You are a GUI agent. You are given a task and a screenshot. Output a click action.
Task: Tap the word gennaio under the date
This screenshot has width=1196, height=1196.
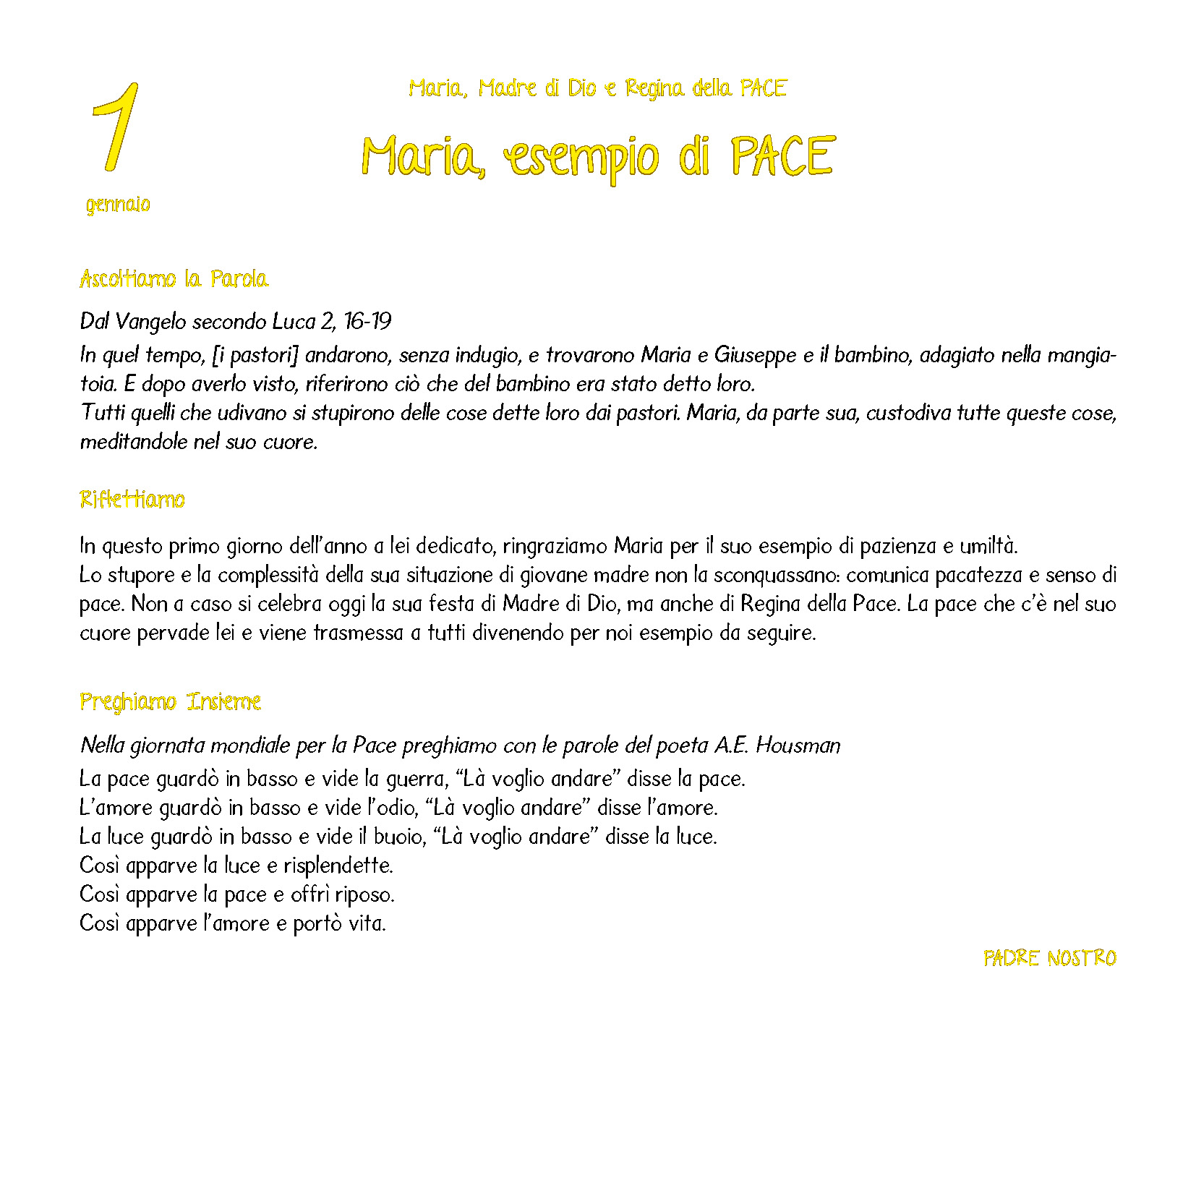point(118,205)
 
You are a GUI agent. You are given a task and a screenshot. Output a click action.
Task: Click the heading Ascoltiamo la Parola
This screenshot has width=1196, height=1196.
point(174,279)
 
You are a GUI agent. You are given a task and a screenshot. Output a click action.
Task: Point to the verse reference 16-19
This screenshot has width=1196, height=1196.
point(367,321)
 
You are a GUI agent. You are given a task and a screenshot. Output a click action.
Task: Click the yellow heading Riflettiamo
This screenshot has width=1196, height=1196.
point(132,500)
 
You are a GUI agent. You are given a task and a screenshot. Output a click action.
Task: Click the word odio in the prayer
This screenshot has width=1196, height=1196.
point(398,808)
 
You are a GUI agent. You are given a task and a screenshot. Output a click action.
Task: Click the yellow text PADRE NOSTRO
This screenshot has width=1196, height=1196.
point(1049,959)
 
